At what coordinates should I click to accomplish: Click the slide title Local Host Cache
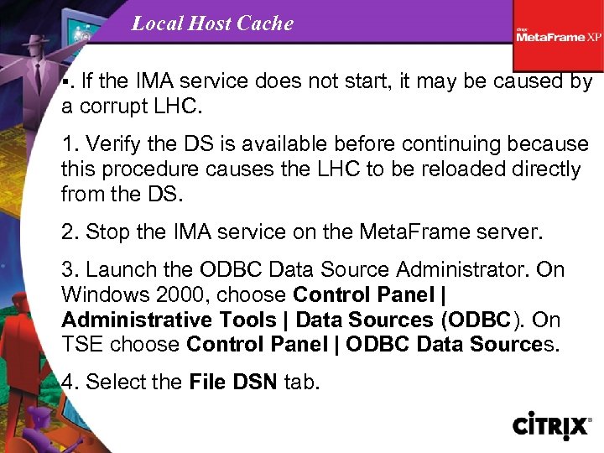(x=212, y=23)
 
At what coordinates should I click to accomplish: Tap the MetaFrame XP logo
(x=559, y=35)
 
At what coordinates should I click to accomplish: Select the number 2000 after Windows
(x=169, y=295)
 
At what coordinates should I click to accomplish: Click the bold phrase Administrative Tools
(x=169, y=320)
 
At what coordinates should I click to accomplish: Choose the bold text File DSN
(x=234, y=383)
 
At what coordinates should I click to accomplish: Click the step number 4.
(x=68, y=383)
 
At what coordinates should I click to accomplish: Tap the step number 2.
(x=68, y=232)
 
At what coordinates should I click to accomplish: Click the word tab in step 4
(x=299, y=383)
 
